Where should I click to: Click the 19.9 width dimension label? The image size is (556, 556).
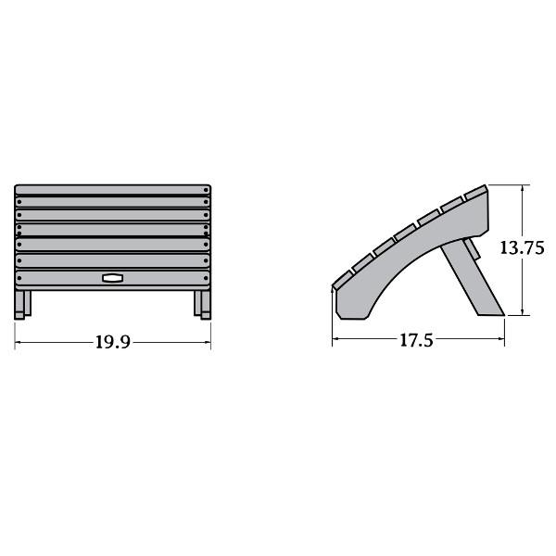coord(113,342)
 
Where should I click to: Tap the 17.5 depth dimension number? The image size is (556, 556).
coord(416,340)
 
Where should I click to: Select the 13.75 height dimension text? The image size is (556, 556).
coord(522,247)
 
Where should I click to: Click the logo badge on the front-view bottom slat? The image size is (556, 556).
coord(112,278)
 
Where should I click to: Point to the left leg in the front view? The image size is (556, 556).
coord(22,305)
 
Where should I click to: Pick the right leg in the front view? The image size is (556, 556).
coord(202,305)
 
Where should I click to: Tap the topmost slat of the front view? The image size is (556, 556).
coord(113,190)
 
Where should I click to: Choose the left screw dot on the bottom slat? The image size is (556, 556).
coord(19,278)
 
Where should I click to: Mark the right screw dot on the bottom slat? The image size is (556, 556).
coord(206,278)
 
